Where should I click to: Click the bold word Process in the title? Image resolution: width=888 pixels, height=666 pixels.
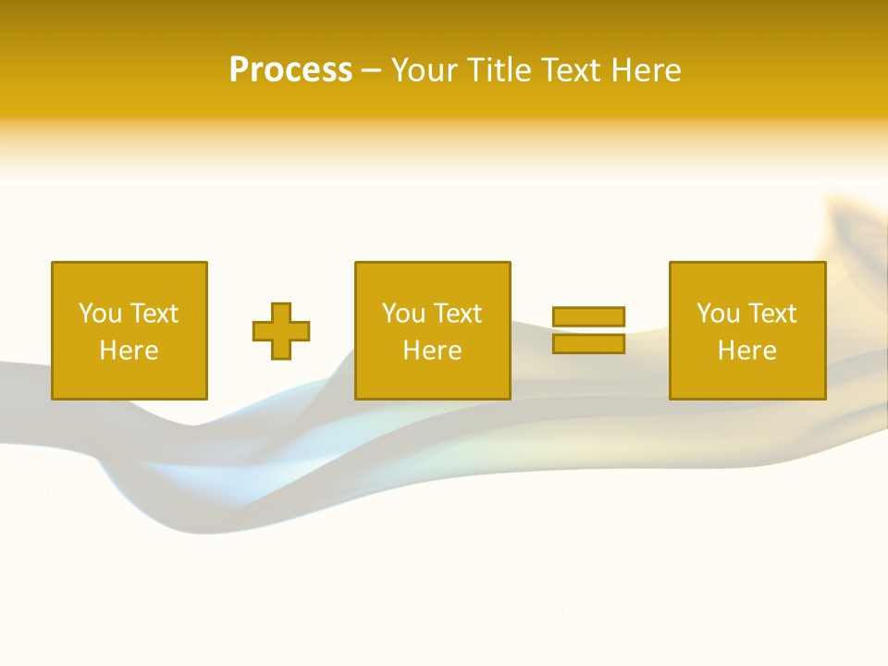coord(290,70)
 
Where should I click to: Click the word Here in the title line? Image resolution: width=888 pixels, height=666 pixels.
coord(647,70)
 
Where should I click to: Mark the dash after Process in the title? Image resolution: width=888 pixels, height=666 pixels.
coord(372,71)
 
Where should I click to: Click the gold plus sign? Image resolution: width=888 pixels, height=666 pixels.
coord(281,331)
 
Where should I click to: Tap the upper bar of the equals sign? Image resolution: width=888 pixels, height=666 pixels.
coord(589,317)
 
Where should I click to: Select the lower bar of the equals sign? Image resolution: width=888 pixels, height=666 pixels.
coord(589,343)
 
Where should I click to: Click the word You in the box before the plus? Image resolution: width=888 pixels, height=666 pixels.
coord(100,314)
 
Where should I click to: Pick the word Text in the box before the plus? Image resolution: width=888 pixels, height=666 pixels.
coord(154,314)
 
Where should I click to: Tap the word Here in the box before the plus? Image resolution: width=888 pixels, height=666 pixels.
coord(129,351)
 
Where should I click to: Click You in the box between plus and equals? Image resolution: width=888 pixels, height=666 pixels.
coord(403,314)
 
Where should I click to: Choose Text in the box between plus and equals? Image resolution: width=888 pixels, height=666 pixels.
coord(457,314)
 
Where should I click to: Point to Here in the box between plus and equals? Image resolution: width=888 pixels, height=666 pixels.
coord(432,351)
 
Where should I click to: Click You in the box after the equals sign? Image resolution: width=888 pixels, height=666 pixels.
coord(718,314)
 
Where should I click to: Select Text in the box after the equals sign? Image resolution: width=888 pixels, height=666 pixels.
coord(771,314)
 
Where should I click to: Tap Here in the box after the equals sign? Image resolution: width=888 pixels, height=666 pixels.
coord(746,351)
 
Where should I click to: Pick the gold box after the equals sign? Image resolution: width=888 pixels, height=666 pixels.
coord(747,379)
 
